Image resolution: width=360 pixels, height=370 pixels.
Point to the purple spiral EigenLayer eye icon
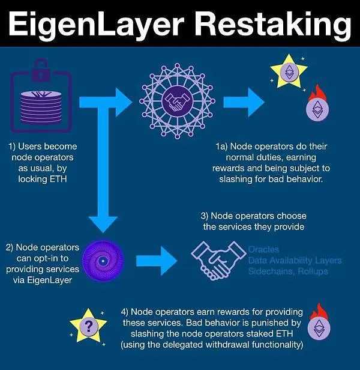(104, 261)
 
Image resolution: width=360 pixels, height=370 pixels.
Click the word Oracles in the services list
(264, 249)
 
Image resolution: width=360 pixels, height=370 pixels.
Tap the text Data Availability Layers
(295, 260)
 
